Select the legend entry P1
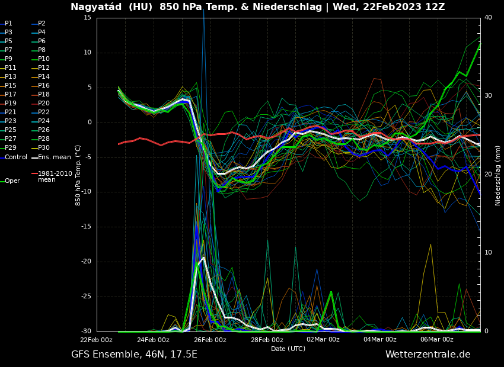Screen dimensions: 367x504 coord(8,24)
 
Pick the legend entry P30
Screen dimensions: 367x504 coord(44,148)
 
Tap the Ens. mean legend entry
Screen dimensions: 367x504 coord(54,157)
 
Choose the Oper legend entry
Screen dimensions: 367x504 coord(12,181)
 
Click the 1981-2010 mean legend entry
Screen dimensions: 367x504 coord(55,176)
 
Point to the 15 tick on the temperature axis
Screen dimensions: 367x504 coord(87,18)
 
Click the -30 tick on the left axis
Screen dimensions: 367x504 coord(86,331)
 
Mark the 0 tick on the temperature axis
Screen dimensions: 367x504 coord(90,123)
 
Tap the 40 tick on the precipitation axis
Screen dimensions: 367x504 coord(488,18)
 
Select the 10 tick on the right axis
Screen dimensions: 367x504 coord(488,253)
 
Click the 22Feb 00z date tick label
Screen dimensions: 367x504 coord(97,340)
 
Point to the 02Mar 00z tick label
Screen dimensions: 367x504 coord(323,340)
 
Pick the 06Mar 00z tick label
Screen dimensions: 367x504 coord(437,340)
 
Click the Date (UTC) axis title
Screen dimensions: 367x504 coord(288,349)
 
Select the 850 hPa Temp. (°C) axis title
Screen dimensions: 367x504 coord(78,175)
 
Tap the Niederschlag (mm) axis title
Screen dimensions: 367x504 coord(498,175)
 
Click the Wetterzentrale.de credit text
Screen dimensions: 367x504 coord(428,355)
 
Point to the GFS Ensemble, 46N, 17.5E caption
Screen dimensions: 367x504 coord(134,355)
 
